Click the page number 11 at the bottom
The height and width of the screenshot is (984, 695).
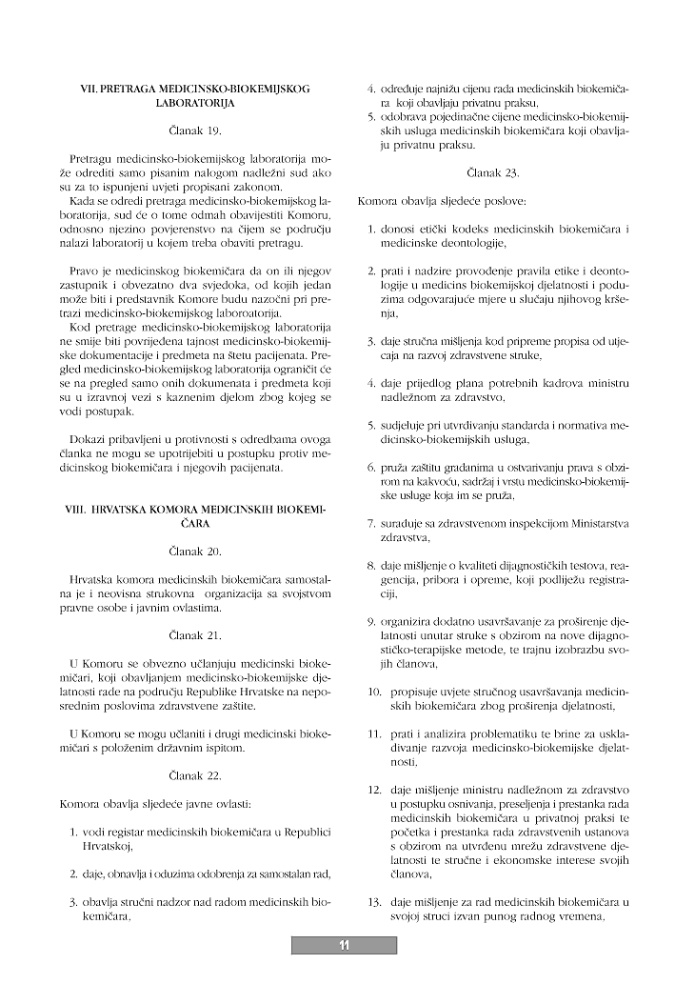pos(344,945)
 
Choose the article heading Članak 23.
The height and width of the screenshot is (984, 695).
pos(492,173)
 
